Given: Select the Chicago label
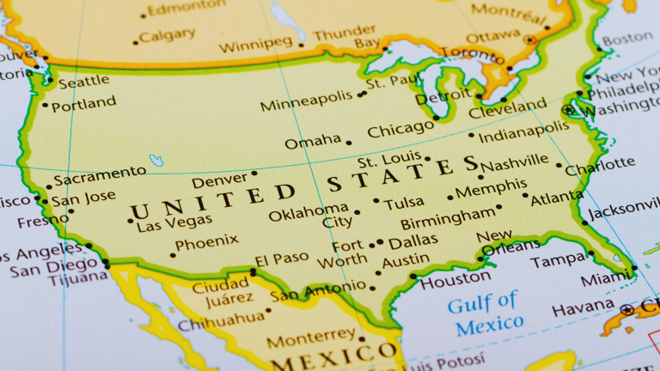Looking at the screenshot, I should (400, 129).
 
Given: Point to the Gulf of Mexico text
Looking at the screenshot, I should (485, 313).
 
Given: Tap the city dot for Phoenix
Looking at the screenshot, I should (173, 254).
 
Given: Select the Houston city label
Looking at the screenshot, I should (455, 279).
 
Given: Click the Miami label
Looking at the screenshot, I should (605, 281).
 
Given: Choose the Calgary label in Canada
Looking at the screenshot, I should (167, 36).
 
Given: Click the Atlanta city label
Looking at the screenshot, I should (557, 199).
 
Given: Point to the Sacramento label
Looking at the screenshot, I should (100, 173).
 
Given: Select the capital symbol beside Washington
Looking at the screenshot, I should (567, 110).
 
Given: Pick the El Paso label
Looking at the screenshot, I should (281, 258).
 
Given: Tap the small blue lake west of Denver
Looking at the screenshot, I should (156, 161).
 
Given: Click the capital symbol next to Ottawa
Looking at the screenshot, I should (530, 40).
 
